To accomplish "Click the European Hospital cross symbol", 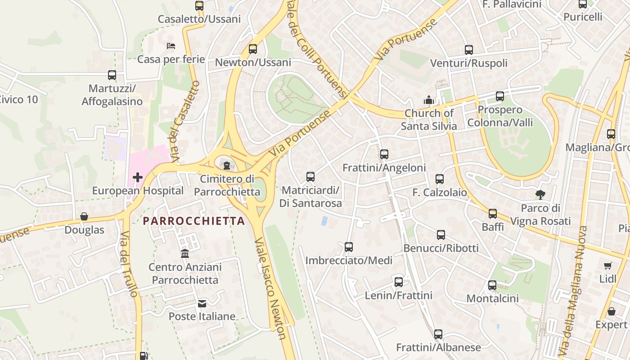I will click(x=138, y=177).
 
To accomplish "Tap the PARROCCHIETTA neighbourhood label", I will click(x=194, y=221).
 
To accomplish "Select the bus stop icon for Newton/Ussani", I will click(x=253, y=49).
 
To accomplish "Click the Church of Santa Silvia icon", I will click(x=428, y=99).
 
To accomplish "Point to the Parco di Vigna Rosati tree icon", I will click(x=540, y=195).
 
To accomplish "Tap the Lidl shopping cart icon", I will click(x=608, y=266).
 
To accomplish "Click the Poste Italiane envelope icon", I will click(x=202, y=304).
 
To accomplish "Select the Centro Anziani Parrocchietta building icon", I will click(x=185, y=254).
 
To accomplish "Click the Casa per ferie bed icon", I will click(x=171, y=46).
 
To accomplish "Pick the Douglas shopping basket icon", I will click(x=84, y=217).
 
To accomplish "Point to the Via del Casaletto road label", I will click(x=185, y=121).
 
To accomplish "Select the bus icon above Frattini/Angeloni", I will click(x=384, y=154).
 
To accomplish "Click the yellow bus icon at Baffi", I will click(x=493, y=214).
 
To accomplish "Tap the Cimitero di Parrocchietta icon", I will click(x=227, y=166).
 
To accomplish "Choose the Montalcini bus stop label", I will click(x=492, y=298).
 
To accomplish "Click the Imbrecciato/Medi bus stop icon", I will click(x=349, y=247).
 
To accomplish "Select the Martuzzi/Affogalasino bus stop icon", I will click(x=112, y=75).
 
